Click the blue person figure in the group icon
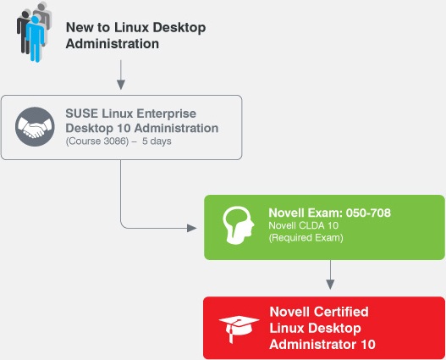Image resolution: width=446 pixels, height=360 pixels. (35, 39)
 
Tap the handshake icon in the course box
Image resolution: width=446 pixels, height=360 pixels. (35, 127)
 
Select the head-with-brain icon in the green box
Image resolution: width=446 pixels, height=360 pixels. (238, 225)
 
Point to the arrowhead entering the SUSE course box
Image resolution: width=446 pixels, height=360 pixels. (121, 85)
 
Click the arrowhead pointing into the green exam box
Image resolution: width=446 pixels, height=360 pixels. (192, 228)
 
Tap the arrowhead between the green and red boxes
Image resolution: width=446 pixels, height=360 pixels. (330, 285)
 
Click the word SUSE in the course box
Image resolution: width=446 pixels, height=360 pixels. (81, 114)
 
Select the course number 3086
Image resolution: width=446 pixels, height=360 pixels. (115, 141)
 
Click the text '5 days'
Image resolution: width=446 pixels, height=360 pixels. (157, 141)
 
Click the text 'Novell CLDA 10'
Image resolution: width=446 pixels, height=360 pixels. (304, 225)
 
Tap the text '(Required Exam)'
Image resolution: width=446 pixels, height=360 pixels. (306, 238)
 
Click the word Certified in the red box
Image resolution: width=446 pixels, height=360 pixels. (340, 312)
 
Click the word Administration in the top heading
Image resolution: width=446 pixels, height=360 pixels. (113, 44)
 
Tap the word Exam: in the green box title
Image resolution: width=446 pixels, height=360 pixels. (322, 213)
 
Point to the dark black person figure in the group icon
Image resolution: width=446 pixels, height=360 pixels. (24, 31)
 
